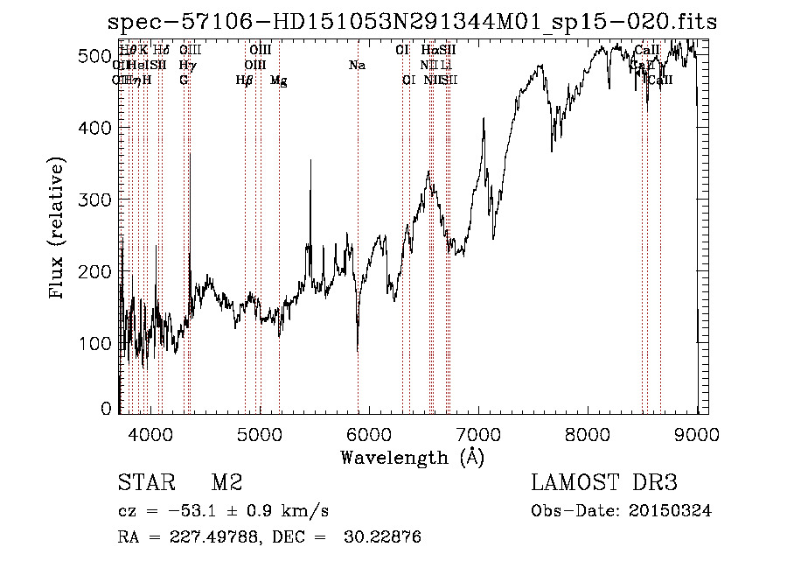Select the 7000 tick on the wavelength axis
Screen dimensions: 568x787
[x=478, y=432]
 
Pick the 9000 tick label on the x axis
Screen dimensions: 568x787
[x=697, y=432]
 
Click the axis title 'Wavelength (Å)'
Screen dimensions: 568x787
[x=412, y=456]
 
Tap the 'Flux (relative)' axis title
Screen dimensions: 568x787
[x=59, y=230]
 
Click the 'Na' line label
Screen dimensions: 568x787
[x=357, y=65]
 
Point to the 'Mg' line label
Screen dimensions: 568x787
[x=278, y=81]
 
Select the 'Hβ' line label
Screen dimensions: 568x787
[x=244, y=81]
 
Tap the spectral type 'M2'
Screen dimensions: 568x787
[x=226, y=483]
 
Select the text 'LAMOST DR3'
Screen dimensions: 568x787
[x=603, y=483]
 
